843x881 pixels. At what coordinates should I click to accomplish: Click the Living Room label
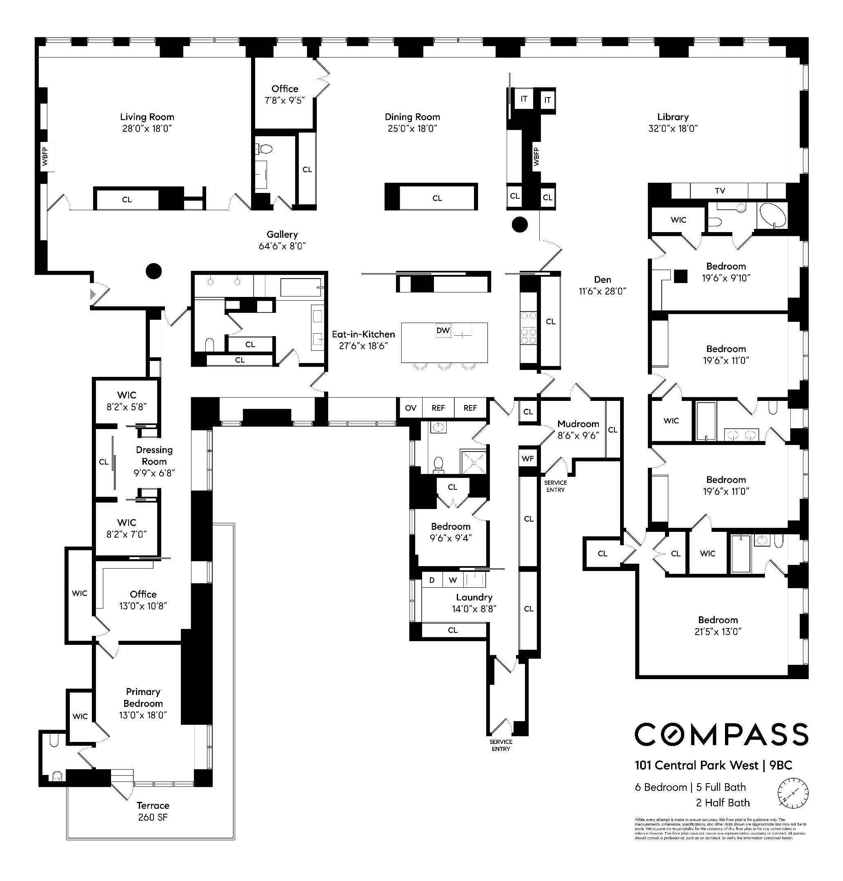pos(147,117)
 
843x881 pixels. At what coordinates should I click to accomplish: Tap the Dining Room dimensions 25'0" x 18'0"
pos(412,128)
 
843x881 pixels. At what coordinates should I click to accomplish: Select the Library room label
pos(673,117)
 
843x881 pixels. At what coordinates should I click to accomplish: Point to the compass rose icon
pos(793,793)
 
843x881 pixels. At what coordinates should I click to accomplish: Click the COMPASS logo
pos(721,735)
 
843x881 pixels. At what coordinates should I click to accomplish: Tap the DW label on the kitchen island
pos(443,330)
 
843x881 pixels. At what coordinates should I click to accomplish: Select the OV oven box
pos(410,408)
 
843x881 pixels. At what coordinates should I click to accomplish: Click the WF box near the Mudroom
pos(527,458)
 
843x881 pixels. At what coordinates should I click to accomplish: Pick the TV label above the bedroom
pos(720,191)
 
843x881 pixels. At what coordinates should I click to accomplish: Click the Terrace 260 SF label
pos(153,811)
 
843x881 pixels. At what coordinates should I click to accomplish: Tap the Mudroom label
pos(578,424)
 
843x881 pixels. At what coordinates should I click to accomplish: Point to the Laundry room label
pos(474,597)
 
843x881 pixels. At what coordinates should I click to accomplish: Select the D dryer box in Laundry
pos(432,580)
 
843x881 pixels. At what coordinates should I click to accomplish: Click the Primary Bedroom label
pos(143,697)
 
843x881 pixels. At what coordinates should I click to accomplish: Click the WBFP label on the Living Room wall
pos(45,157)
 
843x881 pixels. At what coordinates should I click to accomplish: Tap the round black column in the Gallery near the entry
pos(153,271)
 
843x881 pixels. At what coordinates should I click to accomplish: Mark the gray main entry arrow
pos(93,294)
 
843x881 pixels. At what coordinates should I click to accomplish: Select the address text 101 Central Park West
pos(696,765)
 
